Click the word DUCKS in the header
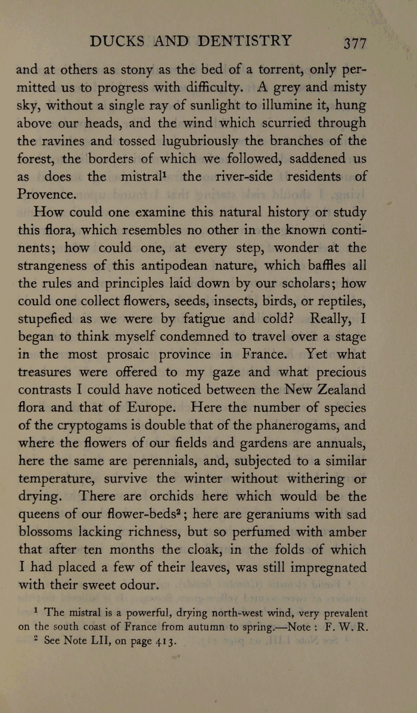(116, 41)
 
